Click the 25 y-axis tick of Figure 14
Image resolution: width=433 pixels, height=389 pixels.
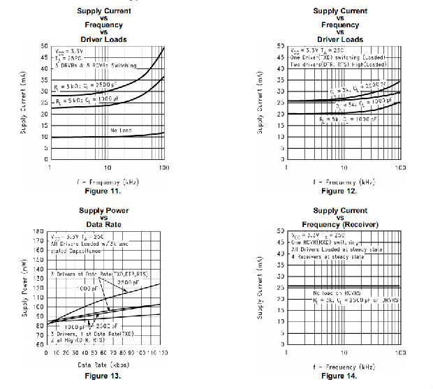pyautogui.click(x=279, y=286)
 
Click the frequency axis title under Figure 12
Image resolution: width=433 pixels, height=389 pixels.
pyautogui.click(x=342, y=181)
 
